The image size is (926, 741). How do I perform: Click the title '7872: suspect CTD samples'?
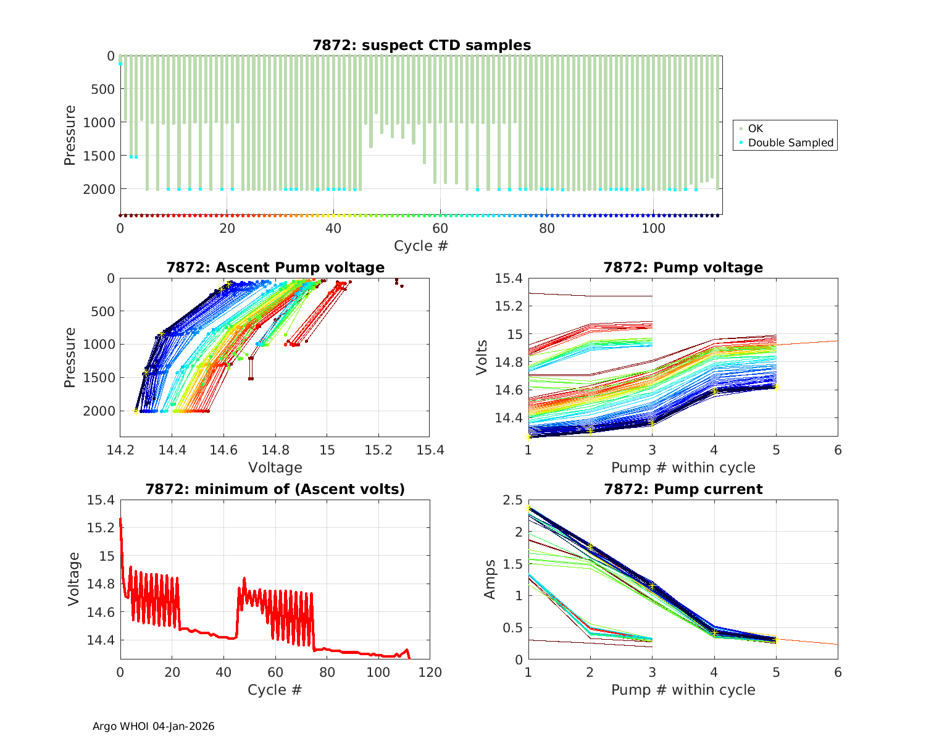click(x=422, y=45)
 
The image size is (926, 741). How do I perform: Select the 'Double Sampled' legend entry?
click(x=790, y=143)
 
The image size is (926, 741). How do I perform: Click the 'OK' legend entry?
click(x=756, y=128)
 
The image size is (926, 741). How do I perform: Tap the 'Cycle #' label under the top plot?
click(x=421, y=246)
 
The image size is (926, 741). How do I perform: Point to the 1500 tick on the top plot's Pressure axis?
click(x=99, y=156)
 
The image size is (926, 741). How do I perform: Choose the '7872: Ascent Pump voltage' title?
click(x=275, y=267)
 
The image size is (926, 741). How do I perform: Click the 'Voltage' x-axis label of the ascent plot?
click(x=275, y=467)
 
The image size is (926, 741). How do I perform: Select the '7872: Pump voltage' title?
click(x=683, y=267)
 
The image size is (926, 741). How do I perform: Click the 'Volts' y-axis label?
click(x=482, y=358)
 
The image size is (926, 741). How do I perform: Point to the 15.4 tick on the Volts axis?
click(x=509, y=278)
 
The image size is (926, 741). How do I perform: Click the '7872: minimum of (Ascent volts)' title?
click(x=275, y=489)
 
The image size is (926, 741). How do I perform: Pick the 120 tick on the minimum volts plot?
click(x=430, y=672)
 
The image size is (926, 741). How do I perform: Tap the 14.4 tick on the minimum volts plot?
click(x=102, y=640)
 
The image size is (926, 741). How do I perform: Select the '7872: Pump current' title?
click(x=683, y=489)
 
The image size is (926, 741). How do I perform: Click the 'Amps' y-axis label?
click(x=490, y=579)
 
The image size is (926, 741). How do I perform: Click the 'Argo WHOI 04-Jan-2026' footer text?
click(x=154, y=726)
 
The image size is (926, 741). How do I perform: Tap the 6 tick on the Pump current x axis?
click(x=838, y=672)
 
